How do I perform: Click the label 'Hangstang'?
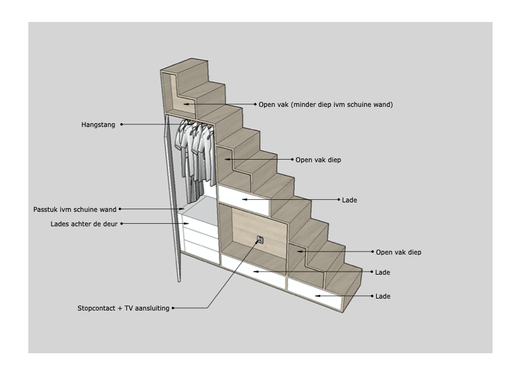(98, 125)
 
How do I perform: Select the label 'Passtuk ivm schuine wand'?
(75, 209)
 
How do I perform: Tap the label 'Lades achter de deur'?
(84, 224)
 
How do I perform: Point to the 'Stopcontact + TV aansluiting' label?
(123, 308)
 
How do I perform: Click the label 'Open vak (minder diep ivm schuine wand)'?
(326, 104)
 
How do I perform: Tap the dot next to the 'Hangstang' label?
(121, 124)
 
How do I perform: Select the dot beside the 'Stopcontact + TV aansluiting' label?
(173, 308)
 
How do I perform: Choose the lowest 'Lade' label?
(382, 296)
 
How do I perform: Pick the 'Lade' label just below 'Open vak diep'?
(382, 272)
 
